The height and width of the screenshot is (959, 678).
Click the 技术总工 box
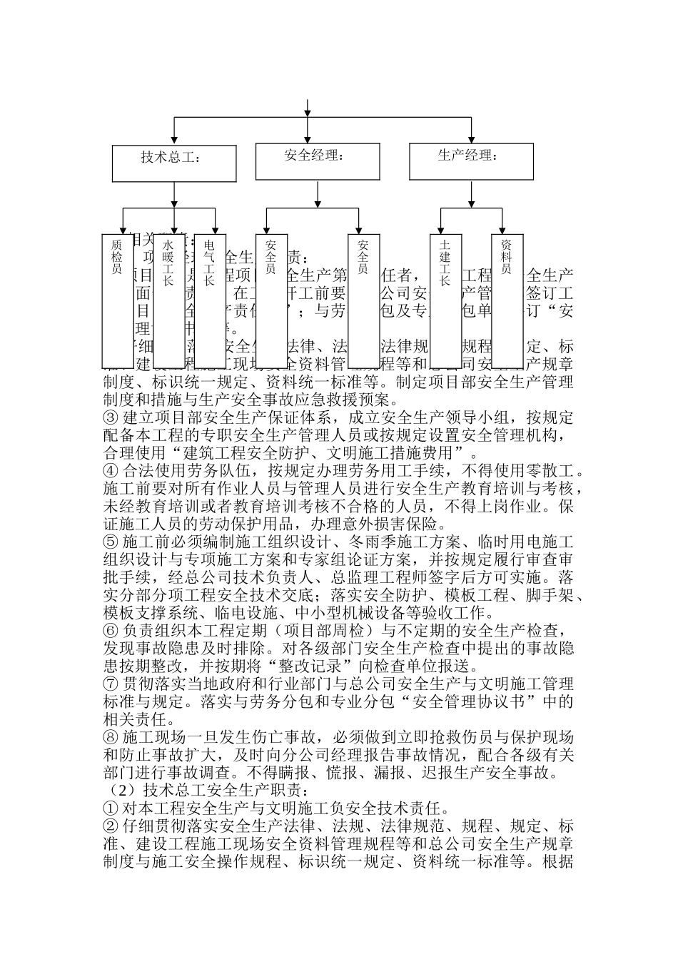pos(173,163)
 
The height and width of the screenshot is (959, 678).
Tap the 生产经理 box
pos(471,161)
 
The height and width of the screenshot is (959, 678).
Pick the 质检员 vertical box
pos(117,300)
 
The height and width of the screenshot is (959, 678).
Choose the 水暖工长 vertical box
pos(168,300)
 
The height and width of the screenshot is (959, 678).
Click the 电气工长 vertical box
pos(210,300)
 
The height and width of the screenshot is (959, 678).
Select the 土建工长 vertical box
pos(445,300)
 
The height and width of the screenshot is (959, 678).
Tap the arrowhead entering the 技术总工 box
pos(173,141)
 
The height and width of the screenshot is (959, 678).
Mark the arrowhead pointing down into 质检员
pos(123,230)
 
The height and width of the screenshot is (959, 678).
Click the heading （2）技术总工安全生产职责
pos(207,791)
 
